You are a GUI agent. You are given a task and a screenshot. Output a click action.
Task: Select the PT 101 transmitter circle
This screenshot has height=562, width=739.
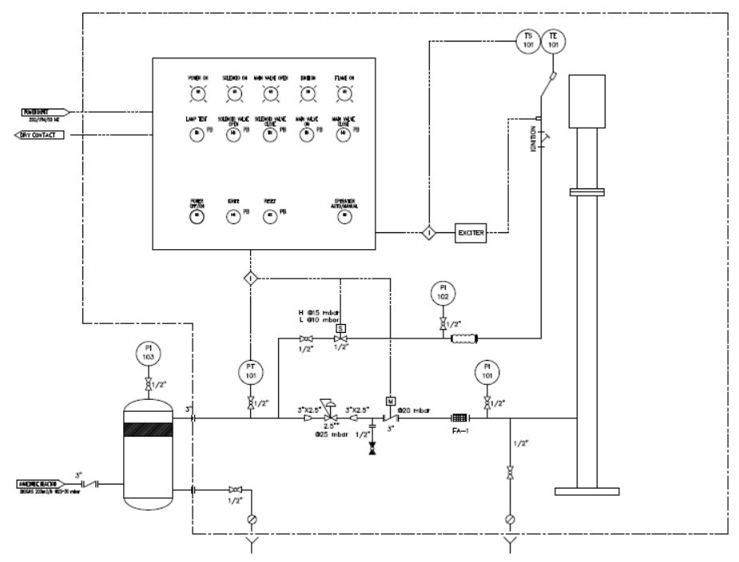tap(250, 372)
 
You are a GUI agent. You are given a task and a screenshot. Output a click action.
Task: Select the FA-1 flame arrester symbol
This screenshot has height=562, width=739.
tap(459, 418)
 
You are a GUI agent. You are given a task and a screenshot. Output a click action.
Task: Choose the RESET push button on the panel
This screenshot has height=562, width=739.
tap(270, 216)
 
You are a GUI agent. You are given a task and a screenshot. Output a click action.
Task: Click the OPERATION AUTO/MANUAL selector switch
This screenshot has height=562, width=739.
tap(344, 216)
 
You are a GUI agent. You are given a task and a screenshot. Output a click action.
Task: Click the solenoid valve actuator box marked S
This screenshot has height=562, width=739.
tap(341, 328)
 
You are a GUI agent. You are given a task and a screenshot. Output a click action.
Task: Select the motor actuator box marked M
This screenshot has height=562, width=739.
tap(390, 401)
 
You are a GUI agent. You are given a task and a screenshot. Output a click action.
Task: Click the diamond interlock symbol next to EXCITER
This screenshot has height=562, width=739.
tap(428, 233)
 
